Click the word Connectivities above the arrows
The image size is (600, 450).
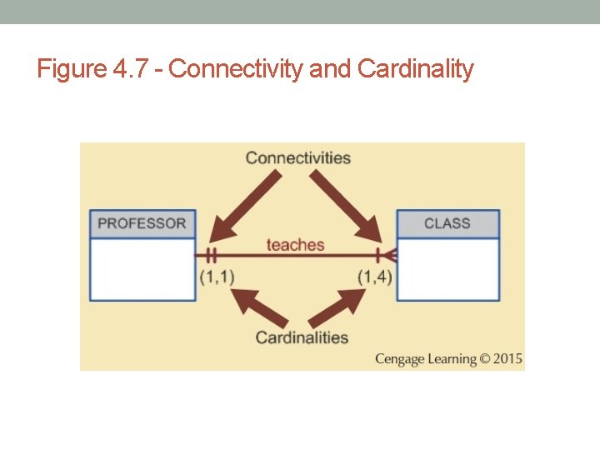pyautogui.click(x=297, y=157)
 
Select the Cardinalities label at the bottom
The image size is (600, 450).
pyautogui.click(x=302, y=337)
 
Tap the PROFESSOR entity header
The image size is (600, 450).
pyautogui.click(x=142, y=223)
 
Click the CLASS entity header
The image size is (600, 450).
pyautogui.click(x=447, y=223)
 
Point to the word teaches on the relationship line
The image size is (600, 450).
pyautogui.click(x=295, y=244)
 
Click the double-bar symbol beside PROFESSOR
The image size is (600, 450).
pyautogui.click(x=212, y=255)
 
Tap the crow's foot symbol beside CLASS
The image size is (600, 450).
pyautogui.click(x=385, y=255)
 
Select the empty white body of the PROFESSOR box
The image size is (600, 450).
pyautogui.click(x=142, y=269)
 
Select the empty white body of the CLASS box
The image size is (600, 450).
pyautogui.click(x=447, y=269)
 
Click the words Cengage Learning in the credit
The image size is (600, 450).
pyautogui.click(x=425, y=359)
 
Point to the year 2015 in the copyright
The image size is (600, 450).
pyautogui.click(x=507, y=359)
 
